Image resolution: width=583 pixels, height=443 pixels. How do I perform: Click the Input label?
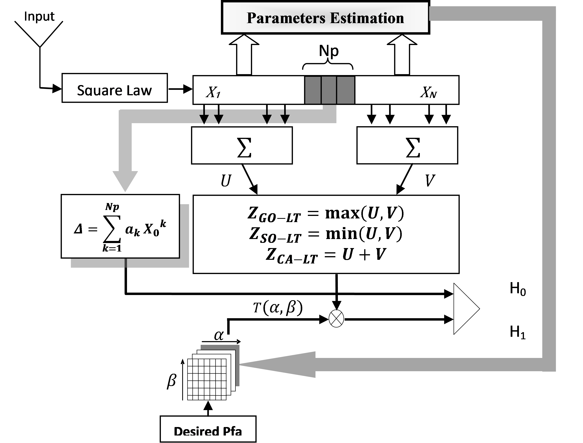(x=39, y=16)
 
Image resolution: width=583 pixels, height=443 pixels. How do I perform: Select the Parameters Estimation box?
(x=325, y=18)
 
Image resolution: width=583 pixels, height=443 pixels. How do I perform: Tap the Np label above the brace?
(x=329, y=51)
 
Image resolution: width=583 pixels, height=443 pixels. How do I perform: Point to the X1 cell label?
(x=213, y=92)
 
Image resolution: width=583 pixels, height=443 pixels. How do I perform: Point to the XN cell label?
(x=428, y=92)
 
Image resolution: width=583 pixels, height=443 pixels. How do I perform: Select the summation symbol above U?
(x=244, y=148)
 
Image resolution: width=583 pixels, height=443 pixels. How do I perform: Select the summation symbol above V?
(x=412, y=148)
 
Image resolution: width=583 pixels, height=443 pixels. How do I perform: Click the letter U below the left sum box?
(x=226, y=181)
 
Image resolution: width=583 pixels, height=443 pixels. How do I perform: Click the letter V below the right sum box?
(x=430, y=181)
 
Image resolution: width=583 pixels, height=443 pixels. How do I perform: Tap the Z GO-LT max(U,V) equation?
(x=326, y=214)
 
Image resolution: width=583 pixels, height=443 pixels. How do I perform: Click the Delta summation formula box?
(x=120, y=227)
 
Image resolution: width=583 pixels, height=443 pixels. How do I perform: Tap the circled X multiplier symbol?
(x=336, y=318)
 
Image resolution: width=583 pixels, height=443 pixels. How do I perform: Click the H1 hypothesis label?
(x=518, y=332)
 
